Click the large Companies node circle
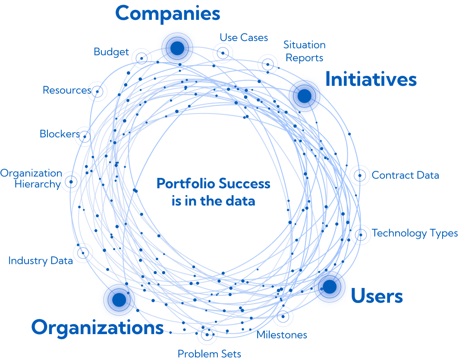click(177, 48)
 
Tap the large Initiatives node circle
click(304, 96)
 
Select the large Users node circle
click(330, 287)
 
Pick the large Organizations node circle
click(119, 299)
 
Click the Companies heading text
click(167, 13)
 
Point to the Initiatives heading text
click(371, 79)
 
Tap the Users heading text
click(377, 297)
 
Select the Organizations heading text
click(97, 328)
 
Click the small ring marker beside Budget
click(141, 57)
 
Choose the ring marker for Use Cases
click(223, 53)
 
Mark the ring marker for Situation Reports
click(267, 64)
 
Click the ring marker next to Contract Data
click(359, 175)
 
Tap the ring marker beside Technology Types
click(359, 234)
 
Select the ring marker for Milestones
click(283, 316)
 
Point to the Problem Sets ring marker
click(207, 335)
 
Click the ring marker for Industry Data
click(83, 253)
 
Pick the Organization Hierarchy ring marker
click(71, 181)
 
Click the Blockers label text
click(60, 134)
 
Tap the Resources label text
click(66, 90)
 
